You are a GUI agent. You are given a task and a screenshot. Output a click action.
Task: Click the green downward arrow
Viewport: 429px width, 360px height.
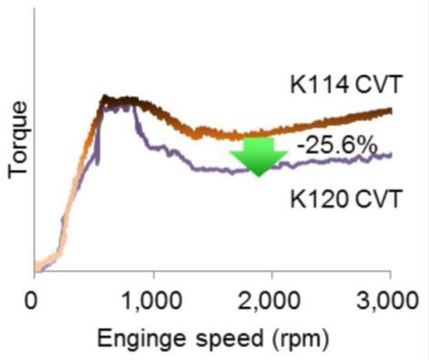258,155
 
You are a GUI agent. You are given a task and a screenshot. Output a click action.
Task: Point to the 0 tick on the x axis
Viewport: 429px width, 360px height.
34,298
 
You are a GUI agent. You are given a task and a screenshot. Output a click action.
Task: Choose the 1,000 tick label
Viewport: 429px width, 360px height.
153,298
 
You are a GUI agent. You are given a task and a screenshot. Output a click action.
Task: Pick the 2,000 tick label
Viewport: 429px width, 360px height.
271,298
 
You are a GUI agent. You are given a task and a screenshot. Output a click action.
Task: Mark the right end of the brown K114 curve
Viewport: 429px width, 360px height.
391,111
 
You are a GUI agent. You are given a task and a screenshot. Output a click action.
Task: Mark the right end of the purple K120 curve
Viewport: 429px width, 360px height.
391,155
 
